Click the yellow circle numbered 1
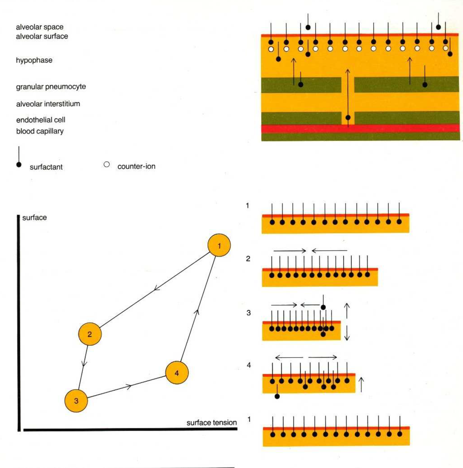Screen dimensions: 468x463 coord(219,245)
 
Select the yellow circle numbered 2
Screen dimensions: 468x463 coord(90,334)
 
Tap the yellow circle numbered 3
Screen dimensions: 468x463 coord(76,401)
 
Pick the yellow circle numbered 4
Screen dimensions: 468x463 coord(177,373)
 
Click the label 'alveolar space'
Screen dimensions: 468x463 coord(40,27)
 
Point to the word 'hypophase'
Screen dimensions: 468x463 coord(34,60)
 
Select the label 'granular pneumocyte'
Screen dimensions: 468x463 coord(51,87)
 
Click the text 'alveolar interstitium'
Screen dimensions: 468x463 coord(48,104)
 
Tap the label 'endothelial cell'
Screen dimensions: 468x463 coord(41,120)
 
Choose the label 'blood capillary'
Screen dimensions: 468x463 coord(40,131)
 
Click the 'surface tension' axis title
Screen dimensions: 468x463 coord(211,422)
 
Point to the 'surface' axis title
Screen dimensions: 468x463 coord(34,218)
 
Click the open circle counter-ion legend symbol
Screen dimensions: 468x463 coord(107,164)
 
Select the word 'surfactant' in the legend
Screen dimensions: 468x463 coord(46,167)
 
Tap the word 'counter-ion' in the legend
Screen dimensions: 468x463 coord(136,166)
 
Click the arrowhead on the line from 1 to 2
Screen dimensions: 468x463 coord(156,288)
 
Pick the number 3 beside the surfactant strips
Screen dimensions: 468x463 coord(249,313)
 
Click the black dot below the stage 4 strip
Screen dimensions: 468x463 coord(277,396)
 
